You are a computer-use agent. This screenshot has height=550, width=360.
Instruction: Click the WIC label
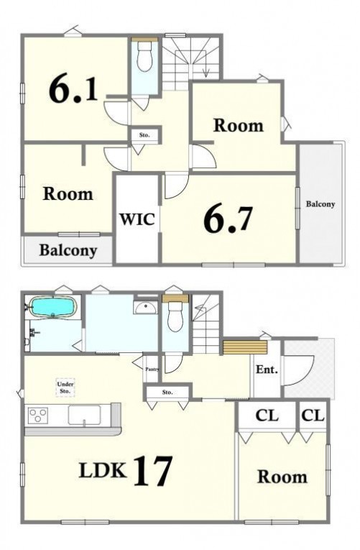(x=137, y=219)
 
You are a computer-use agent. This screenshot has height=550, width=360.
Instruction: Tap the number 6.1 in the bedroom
(x=73, y=89)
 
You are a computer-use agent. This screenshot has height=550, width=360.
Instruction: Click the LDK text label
(x=103, y=471)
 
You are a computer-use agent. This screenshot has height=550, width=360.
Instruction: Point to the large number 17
(x=153, y=471)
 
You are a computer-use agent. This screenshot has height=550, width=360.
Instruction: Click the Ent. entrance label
(x=267, y=370)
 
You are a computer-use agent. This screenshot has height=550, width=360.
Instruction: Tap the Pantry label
(x=152, y=369)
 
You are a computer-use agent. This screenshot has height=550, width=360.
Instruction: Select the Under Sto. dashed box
(x=65, y=388)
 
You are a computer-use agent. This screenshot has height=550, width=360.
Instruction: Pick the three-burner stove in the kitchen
(x=38, y=416)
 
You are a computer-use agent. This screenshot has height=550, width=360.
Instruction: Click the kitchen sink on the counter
(x=84, y=416)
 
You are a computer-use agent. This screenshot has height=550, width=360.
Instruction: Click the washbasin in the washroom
(x=145, y=308)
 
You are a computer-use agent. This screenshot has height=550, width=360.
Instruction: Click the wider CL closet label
(x=267, y=416)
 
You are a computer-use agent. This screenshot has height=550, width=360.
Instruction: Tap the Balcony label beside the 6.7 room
(x=320, y=203)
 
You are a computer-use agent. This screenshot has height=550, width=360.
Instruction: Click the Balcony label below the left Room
(x=68, y=250)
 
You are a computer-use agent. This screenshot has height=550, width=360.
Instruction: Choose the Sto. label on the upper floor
(x=144, y=134)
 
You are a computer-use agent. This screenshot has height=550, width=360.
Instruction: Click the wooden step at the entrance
(x=245, y=347)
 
